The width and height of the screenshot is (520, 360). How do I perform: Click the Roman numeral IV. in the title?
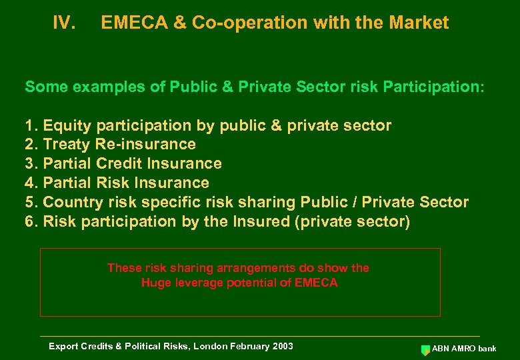pos(64,23)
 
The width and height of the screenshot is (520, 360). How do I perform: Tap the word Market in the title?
pos(419,23)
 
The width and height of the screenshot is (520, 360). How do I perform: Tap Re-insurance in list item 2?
pos(146,145)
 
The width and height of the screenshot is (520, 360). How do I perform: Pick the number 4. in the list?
pos(31,183)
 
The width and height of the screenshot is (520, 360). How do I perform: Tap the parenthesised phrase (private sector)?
pos(352,221)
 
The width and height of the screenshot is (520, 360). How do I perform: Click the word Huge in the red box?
pos(155,283)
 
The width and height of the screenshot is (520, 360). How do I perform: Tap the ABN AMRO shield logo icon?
pos(425,349)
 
